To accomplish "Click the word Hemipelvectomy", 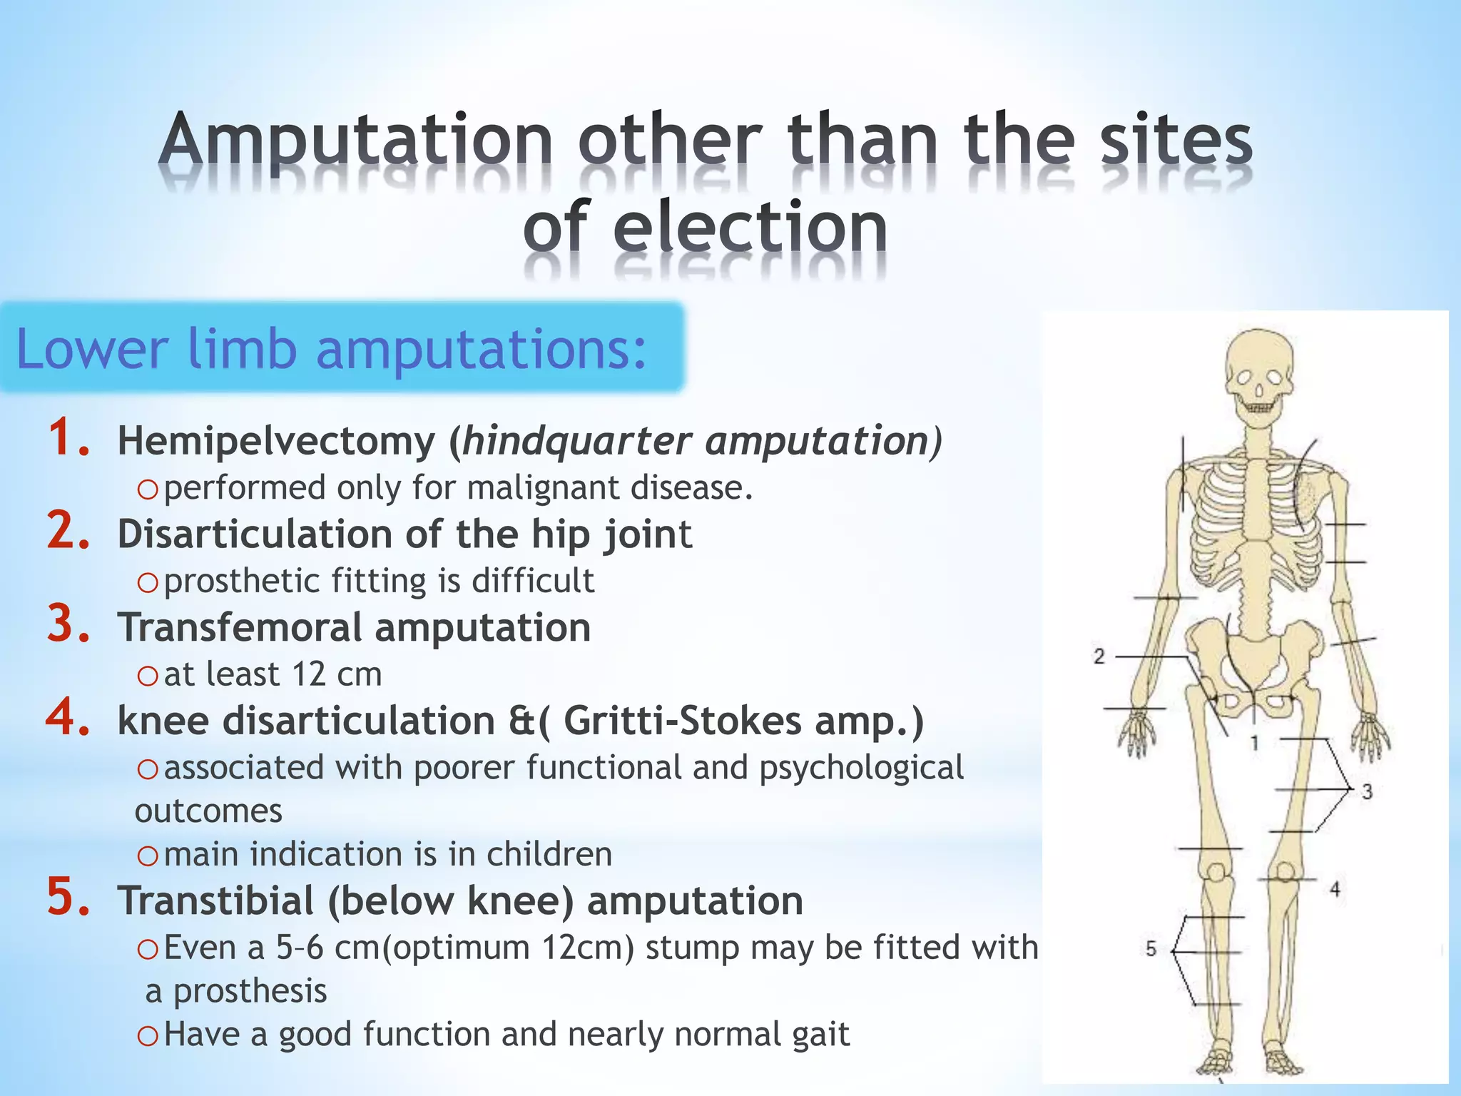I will (x=276, y=441).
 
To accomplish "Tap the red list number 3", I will (x=68, y=624).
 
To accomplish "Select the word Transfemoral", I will (x=240, y=628).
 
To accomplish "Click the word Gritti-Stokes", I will (x=682, y=721).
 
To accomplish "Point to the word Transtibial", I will (x=216, y=900).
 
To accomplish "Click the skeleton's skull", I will (x=1259, y=371).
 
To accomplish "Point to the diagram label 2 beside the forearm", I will (x=1099, y=656).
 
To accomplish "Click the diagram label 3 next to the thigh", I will (x=1367, y=791).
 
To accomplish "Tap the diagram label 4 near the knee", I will (x=1335, y=889).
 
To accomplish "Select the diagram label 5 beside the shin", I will (x=1151, y=949).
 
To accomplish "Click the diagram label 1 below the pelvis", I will (x=1254, y=744).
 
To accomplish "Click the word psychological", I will (x=861, y=768).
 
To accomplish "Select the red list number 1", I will (x=68, y=438).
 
